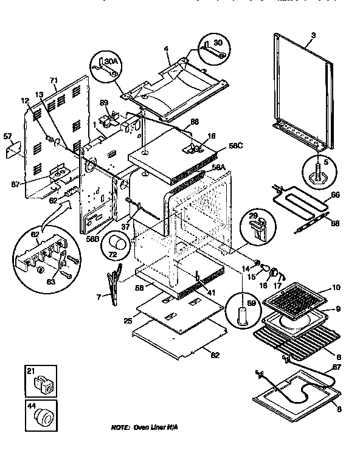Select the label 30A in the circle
tap(110, 61)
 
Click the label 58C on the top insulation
tap(219, 147)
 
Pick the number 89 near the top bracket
tap(104, 103)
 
